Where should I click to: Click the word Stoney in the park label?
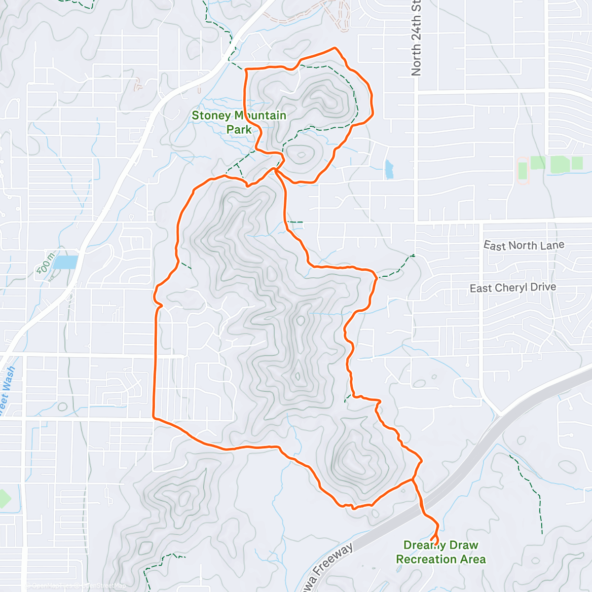click(x=211, y=116)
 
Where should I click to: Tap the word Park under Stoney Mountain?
click(x=239, y=130)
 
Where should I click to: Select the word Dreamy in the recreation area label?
click(x=423, y=545)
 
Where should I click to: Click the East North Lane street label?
click(x=523, y=245)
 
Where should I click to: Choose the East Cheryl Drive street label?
click(x=513, y=288)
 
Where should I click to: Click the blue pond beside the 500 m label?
click(x=66, y=262)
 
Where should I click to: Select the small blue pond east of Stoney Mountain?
click(x=389, y=169)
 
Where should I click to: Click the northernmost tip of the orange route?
click(x=335, y=48)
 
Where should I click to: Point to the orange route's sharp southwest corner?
click(x=155, y=417)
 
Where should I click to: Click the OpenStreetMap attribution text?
click(x=99, y=586)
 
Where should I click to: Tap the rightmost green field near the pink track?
click(x=577, y=163)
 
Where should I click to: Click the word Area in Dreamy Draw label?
click(x=474, y=559)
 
